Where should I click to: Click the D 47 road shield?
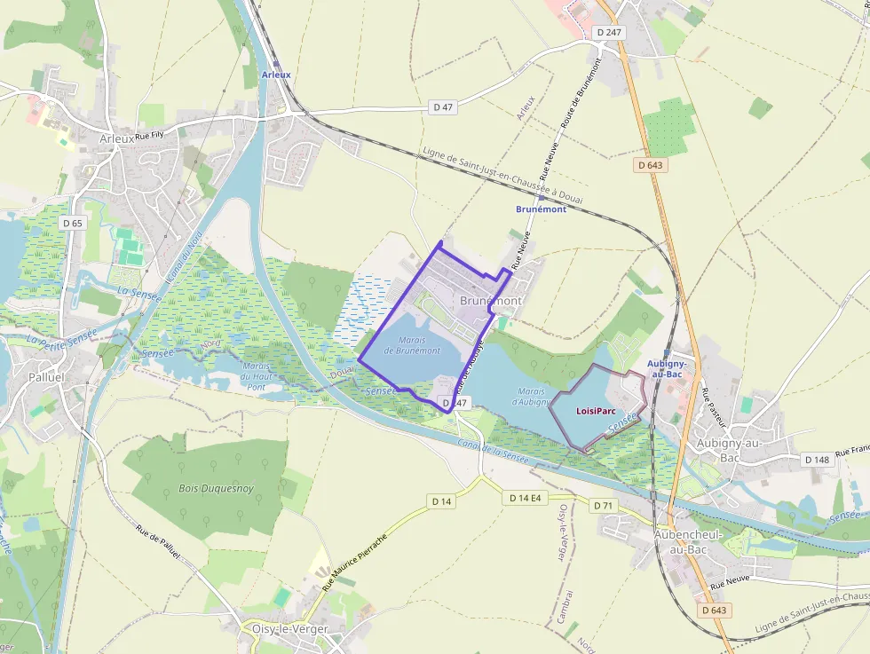443,107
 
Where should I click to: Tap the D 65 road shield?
73,223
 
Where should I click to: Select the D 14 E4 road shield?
525,498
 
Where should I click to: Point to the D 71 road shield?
604,505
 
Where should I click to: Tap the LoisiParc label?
596,411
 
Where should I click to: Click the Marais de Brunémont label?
412,345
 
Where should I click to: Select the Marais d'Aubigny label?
531,396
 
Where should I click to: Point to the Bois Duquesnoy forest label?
216,488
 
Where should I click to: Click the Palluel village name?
47,377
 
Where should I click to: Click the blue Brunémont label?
541,209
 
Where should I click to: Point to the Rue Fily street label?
150,136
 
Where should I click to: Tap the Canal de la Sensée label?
487,452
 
